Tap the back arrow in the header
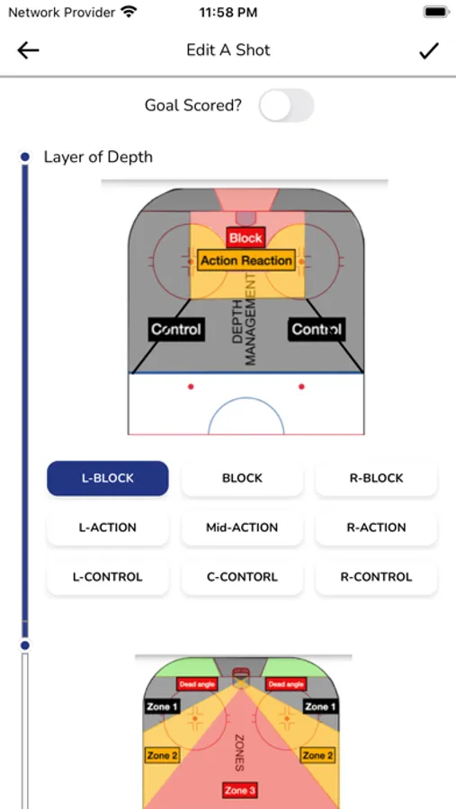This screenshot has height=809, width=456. pos(28,50)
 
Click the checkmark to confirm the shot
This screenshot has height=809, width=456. pos(429,50)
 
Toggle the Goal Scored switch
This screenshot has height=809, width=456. pos(287,105)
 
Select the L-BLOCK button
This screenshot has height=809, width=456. pos(107,478)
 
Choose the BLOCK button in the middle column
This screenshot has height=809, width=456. pos(242,478)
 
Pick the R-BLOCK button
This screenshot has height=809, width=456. pos(377,478)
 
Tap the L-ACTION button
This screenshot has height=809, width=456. pos(107,528)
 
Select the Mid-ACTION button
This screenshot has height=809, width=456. pos(242,528)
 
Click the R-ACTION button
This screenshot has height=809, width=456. pos(377,528)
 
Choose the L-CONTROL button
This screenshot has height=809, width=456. pos(107,577)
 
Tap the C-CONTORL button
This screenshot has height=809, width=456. pos(242,577)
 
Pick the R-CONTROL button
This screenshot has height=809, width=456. pos(377,577)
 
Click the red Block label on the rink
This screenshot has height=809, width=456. pos(246,238)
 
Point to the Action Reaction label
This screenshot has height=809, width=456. pos(246,261)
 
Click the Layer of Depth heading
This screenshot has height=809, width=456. pos(98,156)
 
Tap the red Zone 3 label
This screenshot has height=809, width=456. pos(239,790)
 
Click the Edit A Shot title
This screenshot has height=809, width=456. pos(228,50)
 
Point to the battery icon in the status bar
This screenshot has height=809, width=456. pos(436,13)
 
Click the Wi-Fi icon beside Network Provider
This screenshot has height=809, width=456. pos(128,12)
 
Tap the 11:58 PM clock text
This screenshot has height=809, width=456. pos(228,13)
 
